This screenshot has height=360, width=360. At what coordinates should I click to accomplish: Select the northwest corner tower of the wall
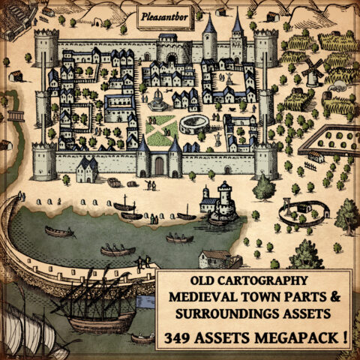pos(46,46)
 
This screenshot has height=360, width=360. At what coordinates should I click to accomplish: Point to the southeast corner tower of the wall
pos(265,159)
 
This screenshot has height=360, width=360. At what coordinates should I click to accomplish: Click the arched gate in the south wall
pos(158,164)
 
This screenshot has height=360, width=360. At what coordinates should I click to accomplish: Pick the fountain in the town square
pos(158,102)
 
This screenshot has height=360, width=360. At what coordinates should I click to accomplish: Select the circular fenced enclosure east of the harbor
pos(294,213)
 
